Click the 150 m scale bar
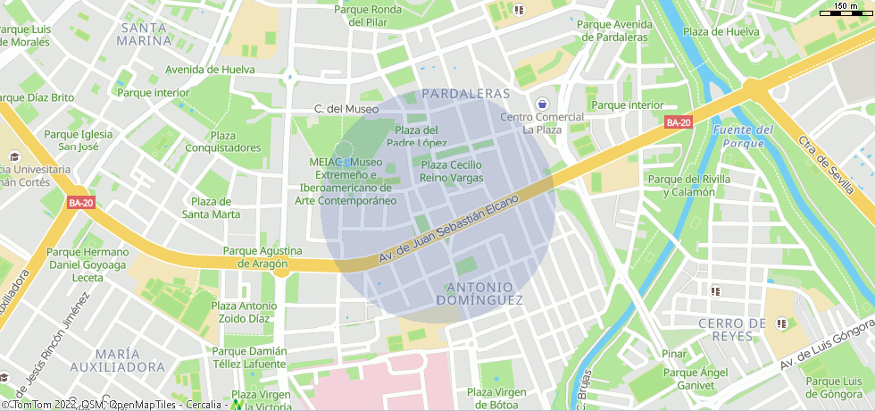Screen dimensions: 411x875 click(x=846, y=9)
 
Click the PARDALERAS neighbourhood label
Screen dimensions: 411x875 click(x=465, y=94)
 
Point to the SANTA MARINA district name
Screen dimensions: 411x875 click(x=145, y=34)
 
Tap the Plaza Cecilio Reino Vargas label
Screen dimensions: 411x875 click(x=451, y=172)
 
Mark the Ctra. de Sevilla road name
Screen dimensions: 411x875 click(x=827, y=166)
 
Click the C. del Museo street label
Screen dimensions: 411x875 click(x=346, y=109)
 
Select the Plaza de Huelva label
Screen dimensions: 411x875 click(x=721, y=32)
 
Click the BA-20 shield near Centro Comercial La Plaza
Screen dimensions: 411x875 click(x=679, y=122)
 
